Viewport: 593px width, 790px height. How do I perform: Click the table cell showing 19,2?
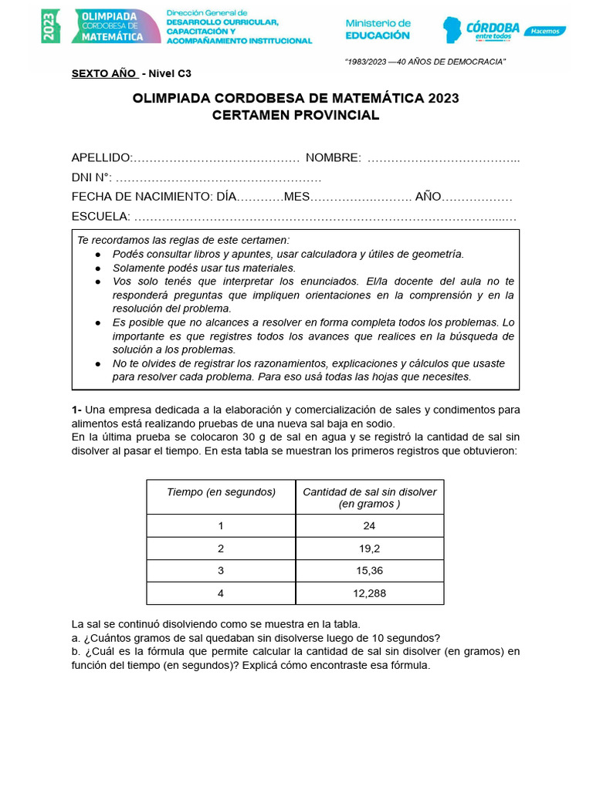369,549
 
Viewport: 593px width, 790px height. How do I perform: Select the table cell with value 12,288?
369,593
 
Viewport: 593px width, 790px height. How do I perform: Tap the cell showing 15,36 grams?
369,571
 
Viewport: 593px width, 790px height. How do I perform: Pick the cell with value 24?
369,526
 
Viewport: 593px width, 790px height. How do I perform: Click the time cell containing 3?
221,571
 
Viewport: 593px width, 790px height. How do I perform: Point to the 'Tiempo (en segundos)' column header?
221,491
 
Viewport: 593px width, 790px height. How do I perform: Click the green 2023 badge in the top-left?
51,26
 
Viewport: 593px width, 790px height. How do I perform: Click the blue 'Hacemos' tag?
544,31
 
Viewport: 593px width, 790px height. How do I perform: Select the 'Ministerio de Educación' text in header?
378,29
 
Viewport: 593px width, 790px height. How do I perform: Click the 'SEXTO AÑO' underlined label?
104,74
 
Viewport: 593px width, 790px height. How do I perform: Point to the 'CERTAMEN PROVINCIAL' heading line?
296,116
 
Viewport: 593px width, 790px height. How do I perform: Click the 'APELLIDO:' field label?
102,158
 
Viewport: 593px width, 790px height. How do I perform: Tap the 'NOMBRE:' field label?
333,158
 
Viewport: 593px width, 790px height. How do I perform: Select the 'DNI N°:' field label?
92,177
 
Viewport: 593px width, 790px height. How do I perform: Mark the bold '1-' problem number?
76,410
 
